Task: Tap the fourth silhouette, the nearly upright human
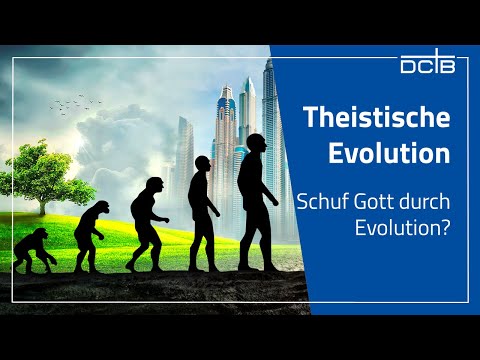point(204,210)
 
